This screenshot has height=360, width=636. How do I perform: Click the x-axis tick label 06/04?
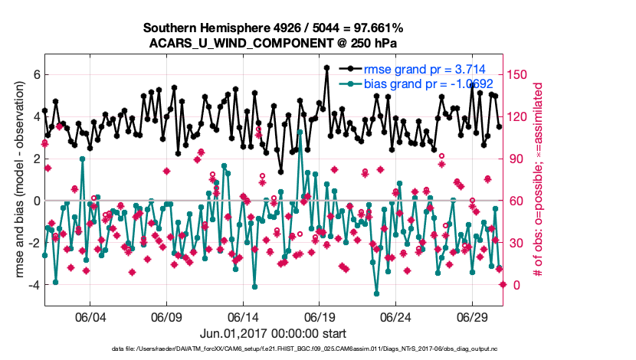90,317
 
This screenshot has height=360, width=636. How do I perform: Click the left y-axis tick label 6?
35,75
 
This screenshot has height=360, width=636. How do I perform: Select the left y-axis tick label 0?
35,201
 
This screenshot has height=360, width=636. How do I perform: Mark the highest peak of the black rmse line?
326,67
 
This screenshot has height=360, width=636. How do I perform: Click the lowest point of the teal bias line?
376,293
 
